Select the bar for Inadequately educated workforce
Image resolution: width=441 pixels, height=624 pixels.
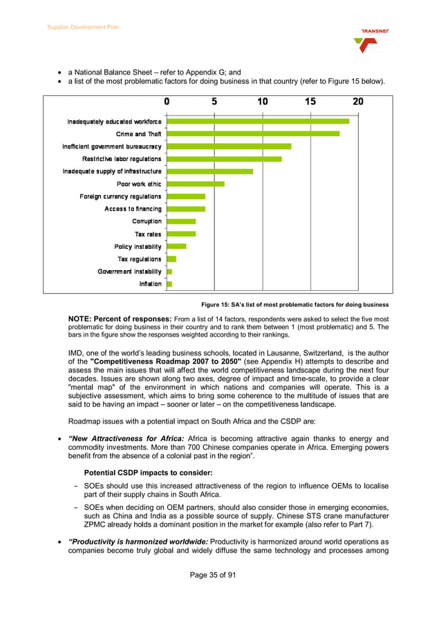258,122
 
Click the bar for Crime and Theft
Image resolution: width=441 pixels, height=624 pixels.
253,134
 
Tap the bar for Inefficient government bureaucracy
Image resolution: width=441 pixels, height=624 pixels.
229,146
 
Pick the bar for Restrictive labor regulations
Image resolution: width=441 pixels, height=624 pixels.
224,159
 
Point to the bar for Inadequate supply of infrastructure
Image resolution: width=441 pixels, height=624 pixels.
210,171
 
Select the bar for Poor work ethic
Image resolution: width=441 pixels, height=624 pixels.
196,184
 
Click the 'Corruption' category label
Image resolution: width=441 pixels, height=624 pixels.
147,222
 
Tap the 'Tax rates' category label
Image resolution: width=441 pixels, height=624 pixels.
148,234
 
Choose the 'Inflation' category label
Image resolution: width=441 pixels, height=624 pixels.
150,284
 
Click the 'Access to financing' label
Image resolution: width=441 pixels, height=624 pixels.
133,209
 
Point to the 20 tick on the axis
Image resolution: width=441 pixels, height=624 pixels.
358,102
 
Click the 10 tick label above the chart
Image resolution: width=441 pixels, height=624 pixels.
263,102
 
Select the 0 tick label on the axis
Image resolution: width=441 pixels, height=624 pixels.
167,102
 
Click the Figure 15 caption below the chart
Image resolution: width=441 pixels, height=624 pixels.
294,305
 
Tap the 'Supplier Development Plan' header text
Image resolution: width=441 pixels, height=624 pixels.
83,27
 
